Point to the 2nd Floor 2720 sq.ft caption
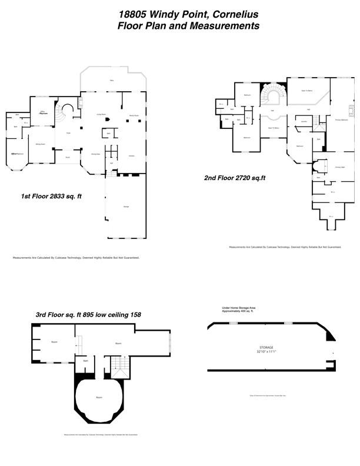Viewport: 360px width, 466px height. click(x=235, y=177)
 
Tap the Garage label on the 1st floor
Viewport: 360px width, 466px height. click(x=126, y=207)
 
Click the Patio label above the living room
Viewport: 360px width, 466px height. click(x=112, y=81)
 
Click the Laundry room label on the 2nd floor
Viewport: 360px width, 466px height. click(x=304, y=122)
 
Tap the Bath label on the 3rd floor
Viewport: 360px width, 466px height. click(x=85, y=361)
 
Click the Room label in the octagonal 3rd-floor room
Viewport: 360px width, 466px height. click(x=98, y=397)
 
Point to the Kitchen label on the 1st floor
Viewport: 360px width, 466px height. click(x=131, y=155)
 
